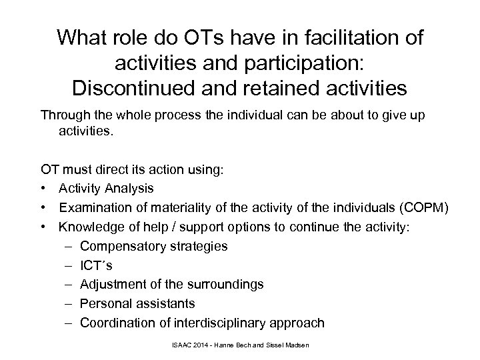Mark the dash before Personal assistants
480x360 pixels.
pyautogui.click(x=70, y=304)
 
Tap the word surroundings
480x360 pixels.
pyautogui.click(x=224, y=285)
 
